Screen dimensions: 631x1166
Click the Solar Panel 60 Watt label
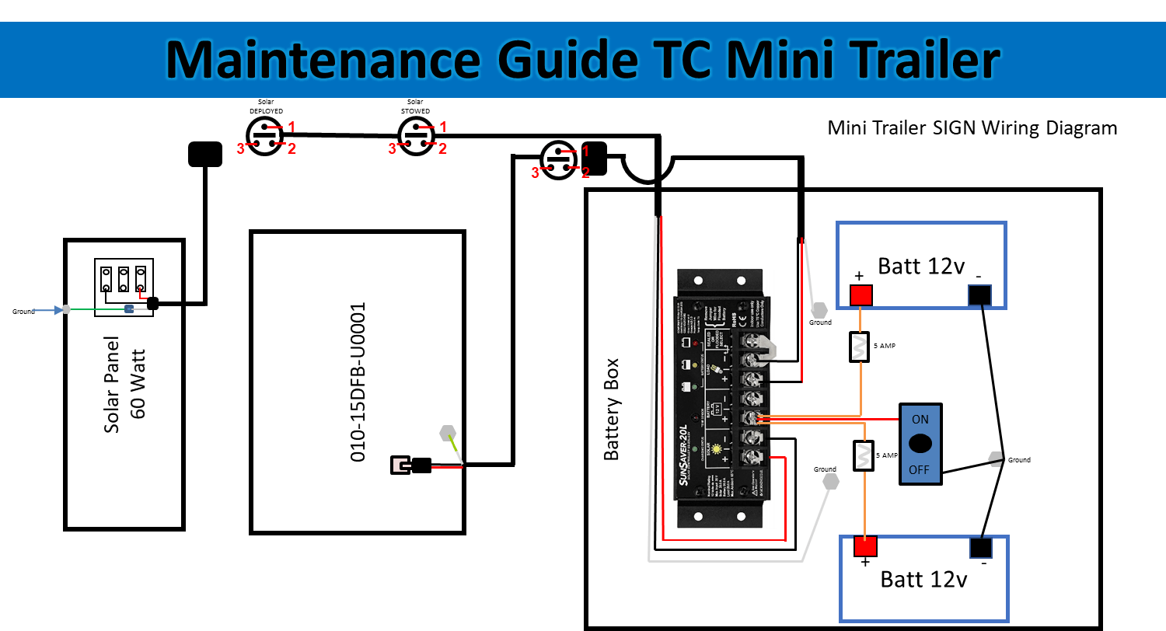tap(125, 385)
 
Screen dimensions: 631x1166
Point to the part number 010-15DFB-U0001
tap(358, 382)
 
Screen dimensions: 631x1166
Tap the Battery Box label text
tap(613, 409)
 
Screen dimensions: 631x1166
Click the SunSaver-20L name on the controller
tap(682, 455)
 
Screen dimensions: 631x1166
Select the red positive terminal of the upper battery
tap(861, 295)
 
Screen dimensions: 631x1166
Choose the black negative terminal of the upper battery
tap(979, 295)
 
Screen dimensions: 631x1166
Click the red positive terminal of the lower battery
tap(865, 546)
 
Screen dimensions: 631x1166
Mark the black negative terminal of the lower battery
tap(980, 548)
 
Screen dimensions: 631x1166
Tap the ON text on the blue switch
tap(920, 420)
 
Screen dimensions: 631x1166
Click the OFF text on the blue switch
tap(920, 469)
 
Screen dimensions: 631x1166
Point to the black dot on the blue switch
tap(920, 444)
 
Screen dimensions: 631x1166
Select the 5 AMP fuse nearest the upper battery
tap(860, 347)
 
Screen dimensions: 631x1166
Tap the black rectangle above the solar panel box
tap(205, 154)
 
